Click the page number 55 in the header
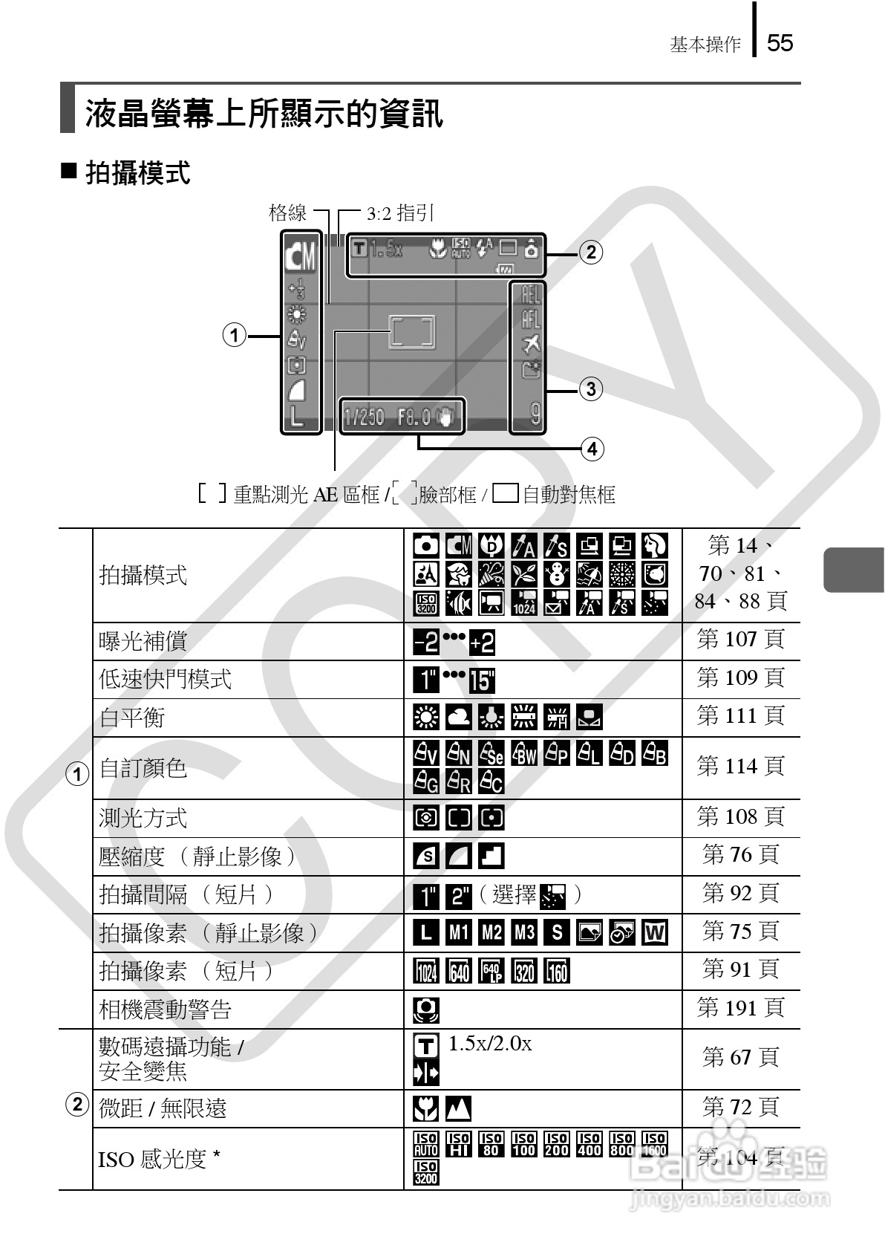(780, 42)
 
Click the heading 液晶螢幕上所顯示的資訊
(264, 114)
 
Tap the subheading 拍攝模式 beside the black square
(138, 173)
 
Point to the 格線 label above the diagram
(287, 213)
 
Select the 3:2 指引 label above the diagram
(400, 213)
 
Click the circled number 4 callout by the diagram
(592, 449)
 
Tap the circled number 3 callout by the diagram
(590, 389)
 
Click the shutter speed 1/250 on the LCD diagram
(364, 417)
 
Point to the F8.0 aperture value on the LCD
(414, 417)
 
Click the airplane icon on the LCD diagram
(531, 344)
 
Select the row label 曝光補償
(143, 641)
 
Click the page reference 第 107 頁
(740, 639)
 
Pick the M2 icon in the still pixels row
(492, 932)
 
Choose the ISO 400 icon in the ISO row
(589, 1144)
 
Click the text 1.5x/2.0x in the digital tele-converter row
(490, 1044)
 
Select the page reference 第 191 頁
(740, 1007)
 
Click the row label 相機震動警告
(166, 1009)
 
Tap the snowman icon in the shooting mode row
(557, 574)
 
